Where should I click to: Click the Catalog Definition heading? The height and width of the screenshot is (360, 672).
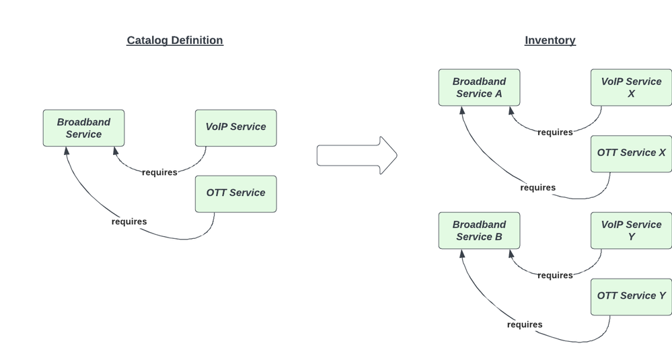click(x=175, y=40)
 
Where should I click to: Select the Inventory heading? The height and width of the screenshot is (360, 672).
click(x=550, y=40)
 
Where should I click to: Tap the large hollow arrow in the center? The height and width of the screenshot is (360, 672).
click(x=357, y=155)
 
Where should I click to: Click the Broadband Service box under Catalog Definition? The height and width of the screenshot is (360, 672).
click(x=83, y=128)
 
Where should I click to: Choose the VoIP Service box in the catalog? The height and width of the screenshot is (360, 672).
click(x=235, y=128)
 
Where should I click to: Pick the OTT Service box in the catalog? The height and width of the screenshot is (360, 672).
click(x=235, y=194)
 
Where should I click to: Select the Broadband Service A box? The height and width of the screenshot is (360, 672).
click(x=479, y=87)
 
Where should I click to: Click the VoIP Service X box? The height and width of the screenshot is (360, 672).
click(x=631, y=87)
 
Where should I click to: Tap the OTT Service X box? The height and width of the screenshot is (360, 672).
click(x=631, y=153)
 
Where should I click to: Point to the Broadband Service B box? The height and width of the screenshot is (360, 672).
click(x=479, y=231)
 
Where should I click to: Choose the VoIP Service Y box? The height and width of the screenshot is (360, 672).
click(x=631, y=231)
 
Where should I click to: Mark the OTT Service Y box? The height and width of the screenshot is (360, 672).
click(x=631, y=297)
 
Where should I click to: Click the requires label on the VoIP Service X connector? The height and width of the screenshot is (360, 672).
click(x=555, y=133)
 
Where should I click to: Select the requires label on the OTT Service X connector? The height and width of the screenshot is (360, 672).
click(x=537, y=188)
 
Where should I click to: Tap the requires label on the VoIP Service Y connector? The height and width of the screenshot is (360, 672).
click(x=555, y=275)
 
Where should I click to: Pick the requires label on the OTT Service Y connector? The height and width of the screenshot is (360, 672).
click(x=524, y=325)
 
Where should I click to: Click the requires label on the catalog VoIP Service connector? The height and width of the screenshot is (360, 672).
click(x=159, y=172)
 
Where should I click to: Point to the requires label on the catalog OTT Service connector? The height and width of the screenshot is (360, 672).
click(x=128, y=221)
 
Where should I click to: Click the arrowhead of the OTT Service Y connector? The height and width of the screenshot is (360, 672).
click(x=463, y=254)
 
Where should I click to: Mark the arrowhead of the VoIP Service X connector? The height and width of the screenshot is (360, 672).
click(x=511, y=111)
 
